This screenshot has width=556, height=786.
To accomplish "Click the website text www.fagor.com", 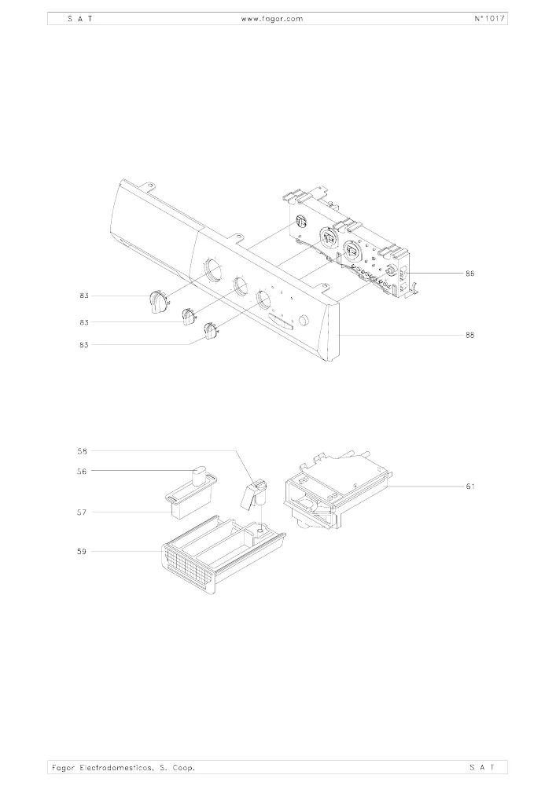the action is tap(272, 19).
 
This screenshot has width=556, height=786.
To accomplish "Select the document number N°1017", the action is tap(489, 19).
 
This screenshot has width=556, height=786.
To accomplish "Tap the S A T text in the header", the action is tap(79, 19).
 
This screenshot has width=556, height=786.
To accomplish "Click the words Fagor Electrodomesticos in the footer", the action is tap(101, 767).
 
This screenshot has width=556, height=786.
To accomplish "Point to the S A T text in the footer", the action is tap(483, 767).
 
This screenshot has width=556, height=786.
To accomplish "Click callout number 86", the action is tap(469, 274).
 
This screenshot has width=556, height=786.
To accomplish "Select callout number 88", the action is tap(469, 335).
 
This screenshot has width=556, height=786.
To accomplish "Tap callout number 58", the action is tap(83, 451).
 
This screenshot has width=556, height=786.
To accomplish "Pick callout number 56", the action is tap(83, 471).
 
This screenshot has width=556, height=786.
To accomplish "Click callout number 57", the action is tap(83, 512).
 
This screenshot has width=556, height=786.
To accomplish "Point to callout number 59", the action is tap(83, 552).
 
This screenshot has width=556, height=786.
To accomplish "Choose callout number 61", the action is tap(469, 487).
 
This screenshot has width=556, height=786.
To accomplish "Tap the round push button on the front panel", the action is tap(304, 321).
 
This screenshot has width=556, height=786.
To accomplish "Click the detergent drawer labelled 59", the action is tap(223, 555).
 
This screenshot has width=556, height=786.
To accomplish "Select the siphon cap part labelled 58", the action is tap(254, 494).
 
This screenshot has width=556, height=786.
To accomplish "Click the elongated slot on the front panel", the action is tap(282, 323).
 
